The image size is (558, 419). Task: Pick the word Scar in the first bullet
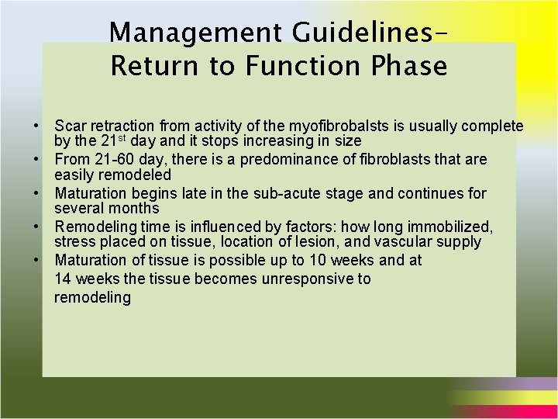tap(68, 126)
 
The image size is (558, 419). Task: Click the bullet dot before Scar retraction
tap(36, 126)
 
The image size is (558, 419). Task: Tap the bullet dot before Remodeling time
tap(36, 227)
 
